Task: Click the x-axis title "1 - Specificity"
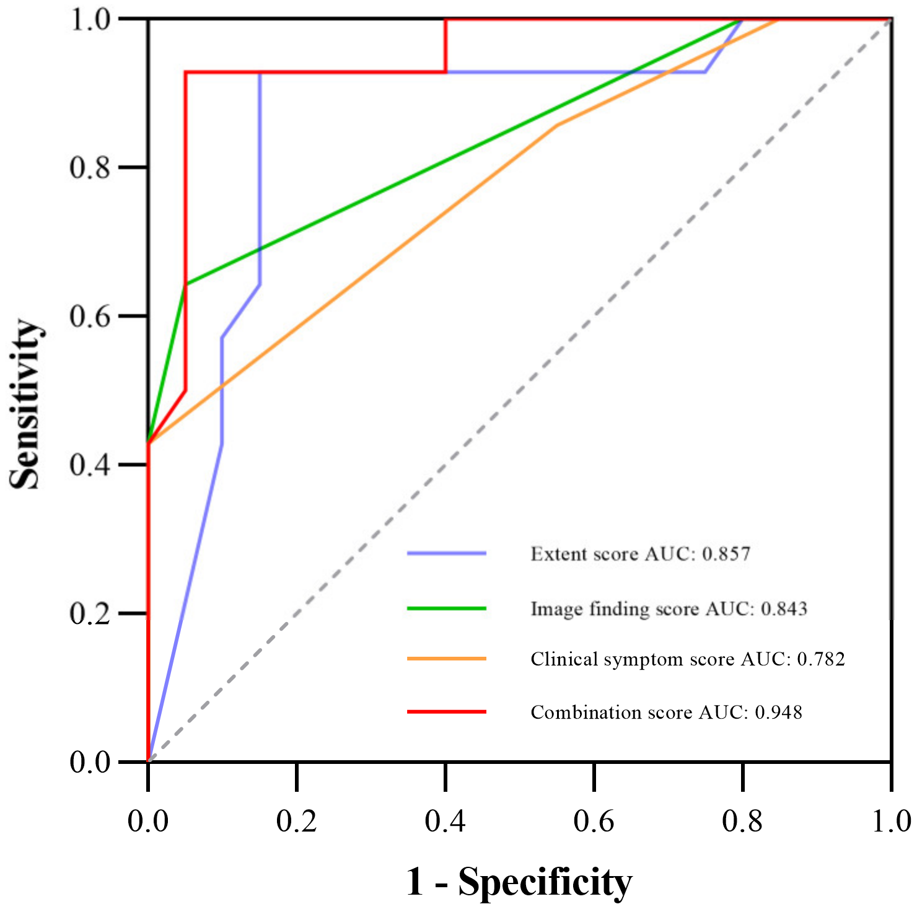[519, 882]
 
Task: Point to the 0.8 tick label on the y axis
[90, 167]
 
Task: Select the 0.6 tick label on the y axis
[90, 316]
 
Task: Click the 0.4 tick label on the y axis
[90, 465]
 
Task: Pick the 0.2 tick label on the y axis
[90, 613]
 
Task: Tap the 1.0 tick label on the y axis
[90, 19]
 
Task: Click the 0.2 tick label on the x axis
[297, 822]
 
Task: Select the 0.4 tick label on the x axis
[445, 822]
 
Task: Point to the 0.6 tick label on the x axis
[594, 822]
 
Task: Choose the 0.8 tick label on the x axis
[742, 822]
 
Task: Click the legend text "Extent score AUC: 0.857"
[641, 553]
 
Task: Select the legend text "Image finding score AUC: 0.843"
[669, 609]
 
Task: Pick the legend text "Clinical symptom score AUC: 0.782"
[688, 659]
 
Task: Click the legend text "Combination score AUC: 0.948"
[667, 712]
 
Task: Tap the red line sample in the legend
[447, 712]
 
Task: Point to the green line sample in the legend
[447, 608]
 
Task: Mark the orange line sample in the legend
[447, 659]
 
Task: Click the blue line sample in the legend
[447, 553]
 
